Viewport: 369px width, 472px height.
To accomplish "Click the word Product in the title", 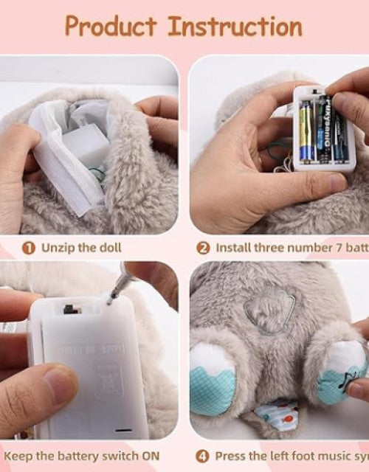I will (x=111, y=26).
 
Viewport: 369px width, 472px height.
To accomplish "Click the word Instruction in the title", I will (x=235, y=26).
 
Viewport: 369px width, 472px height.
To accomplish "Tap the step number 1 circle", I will (x=28, y=248).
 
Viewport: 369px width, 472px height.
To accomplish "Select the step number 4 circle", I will (x=202, y=457).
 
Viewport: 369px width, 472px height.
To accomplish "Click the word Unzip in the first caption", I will (x=56, y=248).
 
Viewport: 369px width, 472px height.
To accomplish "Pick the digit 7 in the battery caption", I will (x=332, y=248).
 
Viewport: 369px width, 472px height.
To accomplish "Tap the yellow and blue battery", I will (x=307, y=131).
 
